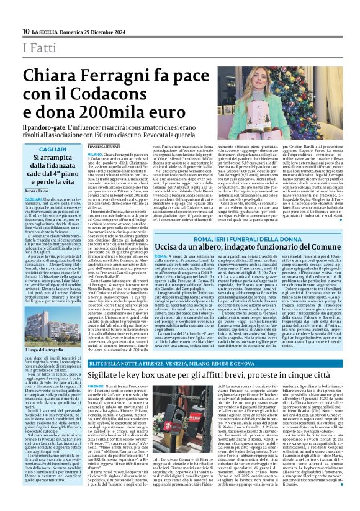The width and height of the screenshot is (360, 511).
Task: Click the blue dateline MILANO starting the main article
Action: (x=94, y=153)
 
